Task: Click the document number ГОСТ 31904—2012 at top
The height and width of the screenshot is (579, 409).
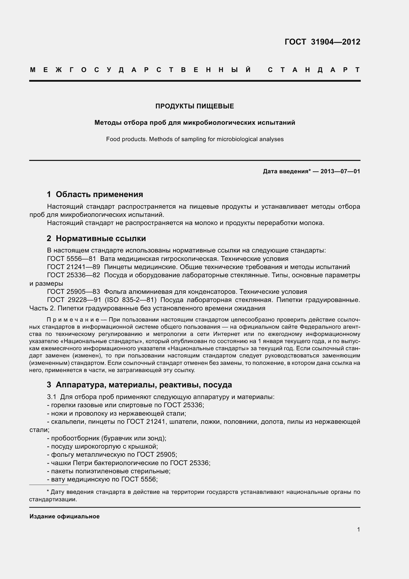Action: tap(322, 42)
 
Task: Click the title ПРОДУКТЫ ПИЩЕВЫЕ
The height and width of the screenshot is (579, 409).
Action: tap(194, 106)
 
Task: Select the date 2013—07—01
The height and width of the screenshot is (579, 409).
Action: tap(340, 172)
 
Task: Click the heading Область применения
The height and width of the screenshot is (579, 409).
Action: tap(99, 194)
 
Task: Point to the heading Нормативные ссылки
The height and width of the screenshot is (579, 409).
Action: tap(101, 238)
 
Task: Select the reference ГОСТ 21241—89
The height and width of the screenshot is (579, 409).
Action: tap(73, 267)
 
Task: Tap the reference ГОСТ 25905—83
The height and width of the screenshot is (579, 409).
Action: tap(73, 292)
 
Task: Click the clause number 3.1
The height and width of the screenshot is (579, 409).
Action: tap(51, 397)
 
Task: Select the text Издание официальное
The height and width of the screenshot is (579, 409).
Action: tap(65, 516)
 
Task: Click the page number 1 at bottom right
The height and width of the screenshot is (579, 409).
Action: tap(358, 529)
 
